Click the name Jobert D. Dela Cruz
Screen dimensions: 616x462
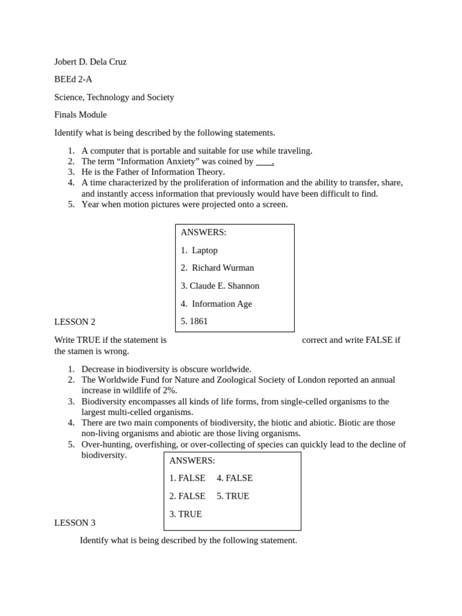pyautogui.click(x=90, y=61)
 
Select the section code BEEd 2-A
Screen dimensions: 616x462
pyautogui.click(x=73, y=79)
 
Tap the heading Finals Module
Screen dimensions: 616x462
pyautogui.click(x=80, y=115)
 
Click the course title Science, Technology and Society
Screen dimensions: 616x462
pyautogui.click(x=114, y=97)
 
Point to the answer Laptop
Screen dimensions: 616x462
pyautogui.click(x=205, y=250)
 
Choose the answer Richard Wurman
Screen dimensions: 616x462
pyautogui.click(x=223, y=268)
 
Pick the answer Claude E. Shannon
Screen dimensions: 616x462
pyautogui.click(x=224, y=286)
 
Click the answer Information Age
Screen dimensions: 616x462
pyautogui.click(x=222, y=304)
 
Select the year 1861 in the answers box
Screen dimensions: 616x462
pyautogui.click(x=199, y=321)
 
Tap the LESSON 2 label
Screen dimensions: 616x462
pyautogui.click(x=75, y=322)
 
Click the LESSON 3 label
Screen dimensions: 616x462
pyautogui.click(x=75, y=523)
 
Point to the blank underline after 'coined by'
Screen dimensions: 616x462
pyautogui.click(x=264, y=162)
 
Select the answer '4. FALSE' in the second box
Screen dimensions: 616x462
pyautogui.click(x=235, y=478)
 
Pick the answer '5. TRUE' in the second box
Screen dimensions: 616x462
pyautogui.click(x=233, y=496)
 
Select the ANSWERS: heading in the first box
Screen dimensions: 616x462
pyautogui.click(x=203, y=232)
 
